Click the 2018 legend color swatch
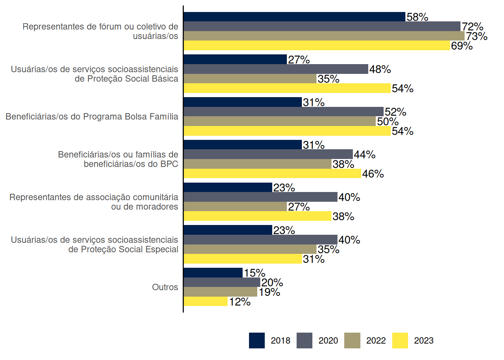point(256,340)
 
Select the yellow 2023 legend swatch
point(400,340)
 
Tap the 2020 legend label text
point(328,340)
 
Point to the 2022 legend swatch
point(352,340)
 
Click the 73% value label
point(477,36)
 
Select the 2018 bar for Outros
point(213,273)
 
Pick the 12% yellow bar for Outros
point(205,301)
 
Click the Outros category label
point(165,287)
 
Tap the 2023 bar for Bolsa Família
point(287,131)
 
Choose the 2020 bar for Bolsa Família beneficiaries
point(283,112)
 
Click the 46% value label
point(373,174)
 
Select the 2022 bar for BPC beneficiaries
point(258,164)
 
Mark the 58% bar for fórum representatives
point(294,17)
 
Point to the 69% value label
point(462,46)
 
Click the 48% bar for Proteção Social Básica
point(276,69)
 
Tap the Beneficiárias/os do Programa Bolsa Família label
point(92,117)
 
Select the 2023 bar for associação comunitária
point(258,216)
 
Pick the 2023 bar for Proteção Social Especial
point(243,259)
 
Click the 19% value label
point(269,292)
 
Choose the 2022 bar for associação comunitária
point(235,207)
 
